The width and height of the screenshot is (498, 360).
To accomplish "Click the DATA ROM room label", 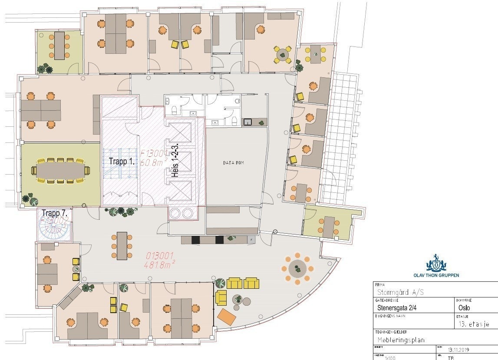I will pyautogui.click(x=233, y=162).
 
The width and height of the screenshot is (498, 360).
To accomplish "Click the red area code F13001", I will pyautogui.click(x=154, y=153).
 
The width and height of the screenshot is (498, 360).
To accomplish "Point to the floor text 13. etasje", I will pyautogui.click(x=475, y=324).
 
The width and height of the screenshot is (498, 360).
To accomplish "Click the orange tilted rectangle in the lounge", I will pyautogui.click(x=227, y=317).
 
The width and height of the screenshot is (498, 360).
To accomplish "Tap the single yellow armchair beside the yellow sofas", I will pyautogui.click(x=221, y=297).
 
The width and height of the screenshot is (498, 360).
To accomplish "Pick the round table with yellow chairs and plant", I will pyautogui.click(x=283, y=55).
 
